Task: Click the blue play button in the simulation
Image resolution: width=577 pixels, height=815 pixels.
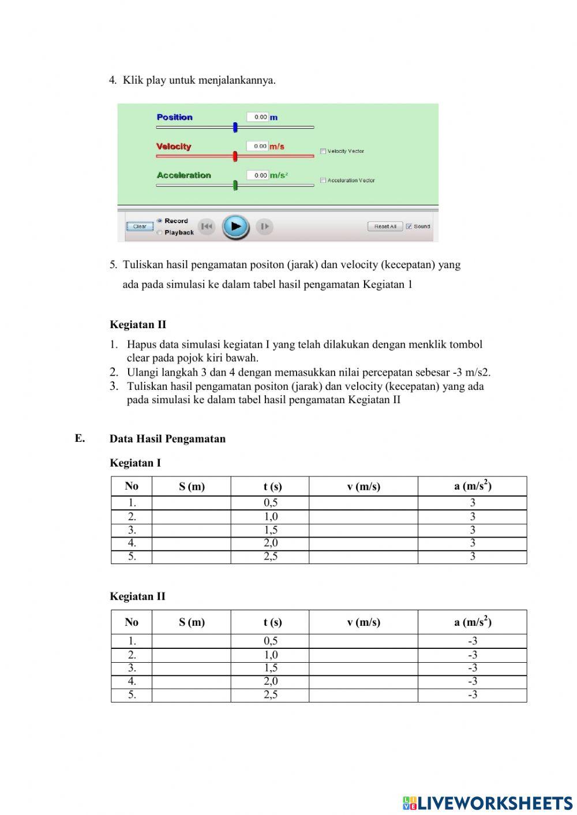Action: coord(235,227)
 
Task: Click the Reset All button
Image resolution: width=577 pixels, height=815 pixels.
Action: coord(385,227)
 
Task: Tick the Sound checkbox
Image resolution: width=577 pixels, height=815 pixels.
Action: coord(409,227)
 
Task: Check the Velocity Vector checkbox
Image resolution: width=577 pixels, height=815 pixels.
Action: coord(323,152)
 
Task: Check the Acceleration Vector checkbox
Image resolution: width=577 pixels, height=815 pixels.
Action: coord(323,181)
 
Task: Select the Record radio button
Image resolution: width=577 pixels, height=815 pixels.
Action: coord(159,221)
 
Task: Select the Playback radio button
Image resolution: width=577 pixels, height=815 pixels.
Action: coord(159,232)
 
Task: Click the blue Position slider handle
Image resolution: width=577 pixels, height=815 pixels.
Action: coord(235,127)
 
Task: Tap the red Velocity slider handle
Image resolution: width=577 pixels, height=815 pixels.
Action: coord(235,156)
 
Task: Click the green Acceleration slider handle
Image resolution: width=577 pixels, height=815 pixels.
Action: coord(235,185)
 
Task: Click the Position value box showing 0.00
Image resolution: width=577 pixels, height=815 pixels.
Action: coord(257,117)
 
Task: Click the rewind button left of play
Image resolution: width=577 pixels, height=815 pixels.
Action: coord(206,227)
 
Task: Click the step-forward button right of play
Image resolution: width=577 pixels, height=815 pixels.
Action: coord(264,227)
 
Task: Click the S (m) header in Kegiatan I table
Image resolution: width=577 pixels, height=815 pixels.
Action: coord(192,487)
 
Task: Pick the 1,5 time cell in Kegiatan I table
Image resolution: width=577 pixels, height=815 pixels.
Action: coord(270,530)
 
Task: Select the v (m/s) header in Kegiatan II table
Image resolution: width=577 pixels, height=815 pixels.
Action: coord(364,622)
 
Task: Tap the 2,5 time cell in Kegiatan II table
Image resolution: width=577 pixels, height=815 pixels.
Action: coord(270,695)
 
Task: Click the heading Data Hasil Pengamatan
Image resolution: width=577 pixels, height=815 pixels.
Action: coord(167,439)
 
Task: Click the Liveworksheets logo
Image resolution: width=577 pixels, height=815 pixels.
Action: coord(488,803)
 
